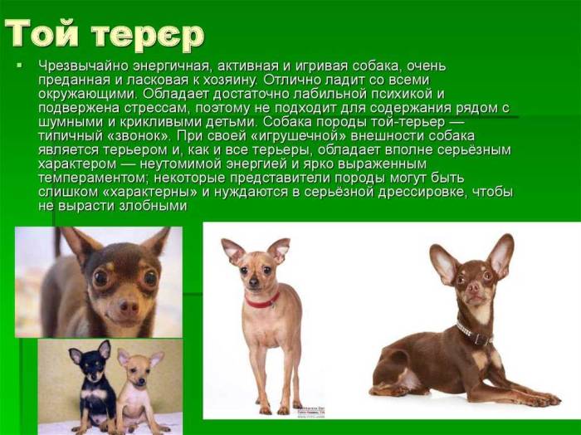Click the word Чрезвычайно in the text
pos(80,66)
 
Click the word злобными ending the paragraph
pos(154,205)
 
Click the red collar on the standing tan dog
pos(261,301)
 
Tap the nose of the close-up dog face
pos(127,305)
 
